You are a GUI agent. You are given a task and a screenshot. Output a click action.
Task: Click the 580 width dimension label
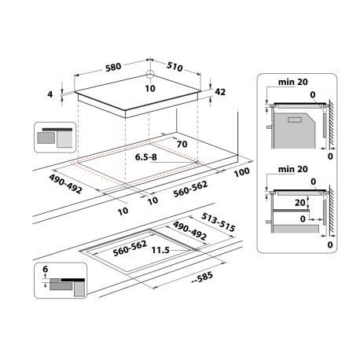(x=113, y=67)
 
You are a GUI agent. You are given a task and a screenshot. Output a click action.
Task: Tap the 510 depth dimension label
(x=174, y=67)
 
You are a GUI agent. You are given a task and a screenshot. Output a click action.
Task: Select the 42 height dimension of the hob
(x=220, y=92)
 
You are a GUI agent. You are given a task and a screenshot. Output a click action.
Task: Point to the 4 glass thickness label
(x=50, y=94)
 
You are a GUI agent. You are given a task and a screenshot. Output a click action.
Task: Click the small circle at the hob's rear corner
(x=150, y=74)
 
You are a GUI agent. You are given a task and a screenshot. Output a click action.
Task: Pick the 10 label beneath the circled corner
(x=150, y=89)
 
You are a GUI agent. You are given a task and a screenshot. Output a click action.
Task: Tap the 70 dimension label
(x=182, y=144)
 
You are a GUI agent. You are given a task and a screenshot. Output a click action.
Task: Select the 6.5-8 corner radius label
(x=146, y=157)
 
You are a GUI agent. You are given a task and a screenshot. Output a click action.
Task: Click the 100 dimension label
(x=241, y=172)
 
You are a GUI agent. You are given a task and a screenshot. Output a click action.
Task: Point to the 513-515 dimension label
(x=219, y=222)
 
